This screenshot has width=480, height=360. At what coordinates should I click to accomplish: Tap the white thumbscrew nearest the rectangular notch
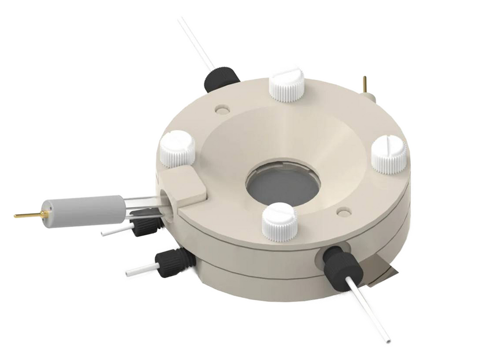pyautogui.click(x=177, y=148)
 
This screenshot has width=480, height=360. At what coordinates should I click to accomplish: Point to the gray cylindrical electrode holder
pyautogui.click(x=83, y=210)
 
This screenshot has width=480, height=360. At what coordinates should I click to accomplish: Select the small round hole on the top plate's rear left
pyautogui.click(x=221, y=109)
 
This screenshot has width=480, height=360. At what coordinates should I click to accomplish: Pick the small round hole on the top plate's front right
pyautogui.click(x=343, y=212)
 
